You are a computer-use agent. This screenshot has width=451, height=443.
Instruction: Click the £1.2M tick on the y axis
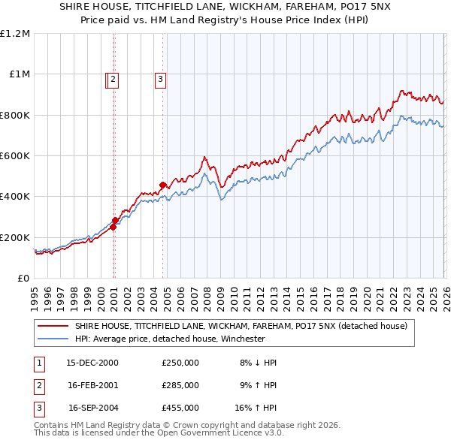[15, 34]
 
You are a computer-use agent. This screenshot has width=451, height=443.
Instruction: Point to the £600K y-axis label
[15, 155]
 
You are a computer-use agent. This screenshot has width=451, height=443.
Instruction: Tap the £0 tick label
[23, 278]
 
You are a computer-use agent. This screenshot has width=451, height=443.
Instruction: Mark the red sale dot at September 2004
[162, 185]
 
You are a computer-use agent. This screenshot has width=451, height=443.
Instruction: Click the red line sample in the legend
[53, 326]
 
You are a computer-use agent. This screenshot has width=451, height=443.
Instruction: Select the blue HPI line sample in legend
[53, 339]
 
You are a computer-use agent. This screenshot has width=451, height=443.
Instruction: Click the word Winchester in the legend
[240, 339]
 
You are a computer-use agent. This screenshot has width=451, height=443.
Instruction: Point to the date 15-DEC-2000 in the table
[92, 362]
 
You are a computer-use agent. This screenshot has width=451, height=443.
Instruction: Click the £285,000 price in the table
[180, 385]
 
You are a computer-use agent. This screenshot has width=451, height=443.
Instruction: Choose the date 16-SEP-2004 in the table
[93, 408]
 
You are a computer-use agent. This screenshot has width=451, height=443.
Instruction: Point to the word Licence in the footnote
[239, 432]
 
